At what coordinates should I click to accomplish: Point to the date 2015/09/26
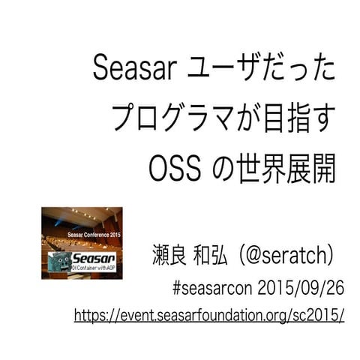(x=300, y=287)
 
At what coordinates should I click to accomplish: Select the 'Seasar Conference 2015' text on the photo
(x=94, y=235)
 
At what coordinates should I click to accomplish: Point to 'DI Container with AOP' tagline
(x=94, y=268)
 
